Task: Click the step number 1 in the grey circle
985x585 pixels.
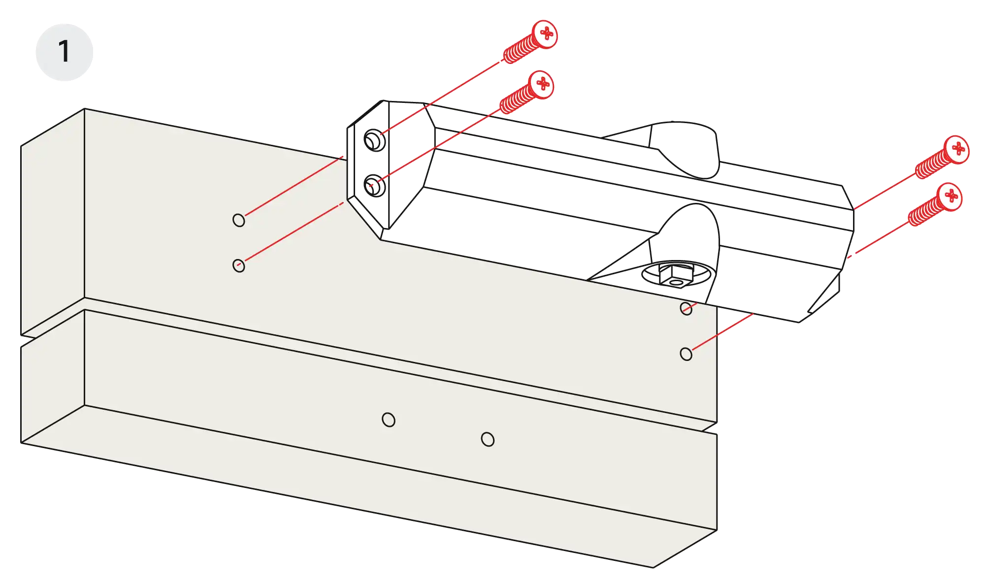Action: tap(64, 52)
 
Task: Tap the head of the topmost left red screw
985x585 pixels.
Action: tap(546, 34)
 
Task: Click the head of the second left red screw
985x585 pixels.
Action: tap(542, 84)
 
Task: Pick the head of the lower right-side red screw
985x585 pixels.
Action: tap(950, 196)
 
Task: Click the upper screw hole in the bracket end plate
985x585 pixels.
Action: tap(372, 139)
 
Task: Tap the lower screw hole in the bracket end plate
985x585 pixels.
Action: tap(373, 186)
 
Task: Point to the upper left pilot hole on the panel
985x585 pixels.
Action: tap(239, 220)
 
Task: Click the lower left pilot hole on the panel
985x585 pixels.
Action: tap(239, 265)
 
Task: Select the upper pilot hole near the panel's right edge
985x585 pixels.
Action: tap(686, 309)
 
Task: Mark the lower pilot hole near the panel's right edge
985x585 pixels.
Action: tap(686, 354)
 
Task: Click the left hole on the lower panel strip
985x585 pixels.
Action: tap(389, 420)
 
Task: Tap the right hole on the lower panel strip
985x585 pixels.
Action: tap(488, 439)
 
